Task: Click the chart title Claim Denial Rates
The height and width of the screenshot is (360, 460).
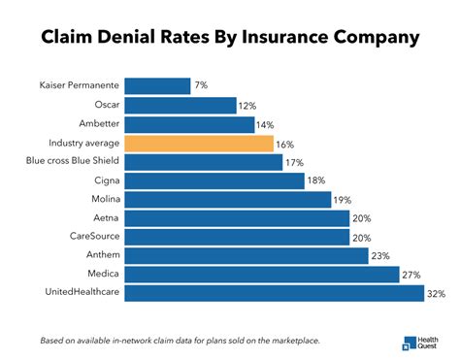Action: (230, 37)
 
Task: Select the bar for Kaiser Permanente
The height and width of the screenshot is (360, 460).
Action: (157, 86)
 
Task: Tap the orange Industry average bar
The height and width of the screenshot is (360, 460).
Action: (199, 143)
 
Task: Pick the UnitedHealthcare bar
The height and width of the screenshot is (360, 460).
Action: (275, 292)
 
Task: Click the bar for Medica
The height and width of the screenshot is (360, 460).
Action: (262, 274)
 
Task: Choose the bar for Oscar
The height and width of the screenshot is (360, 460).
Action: (181, 106)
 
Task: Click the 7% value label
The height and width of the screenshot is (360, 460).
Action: (201, 86)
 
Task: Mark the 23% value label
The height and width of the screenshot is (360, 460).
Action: (382, 255)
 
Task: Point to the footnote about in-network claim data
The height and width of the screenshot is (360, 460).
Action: (180, 341)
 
